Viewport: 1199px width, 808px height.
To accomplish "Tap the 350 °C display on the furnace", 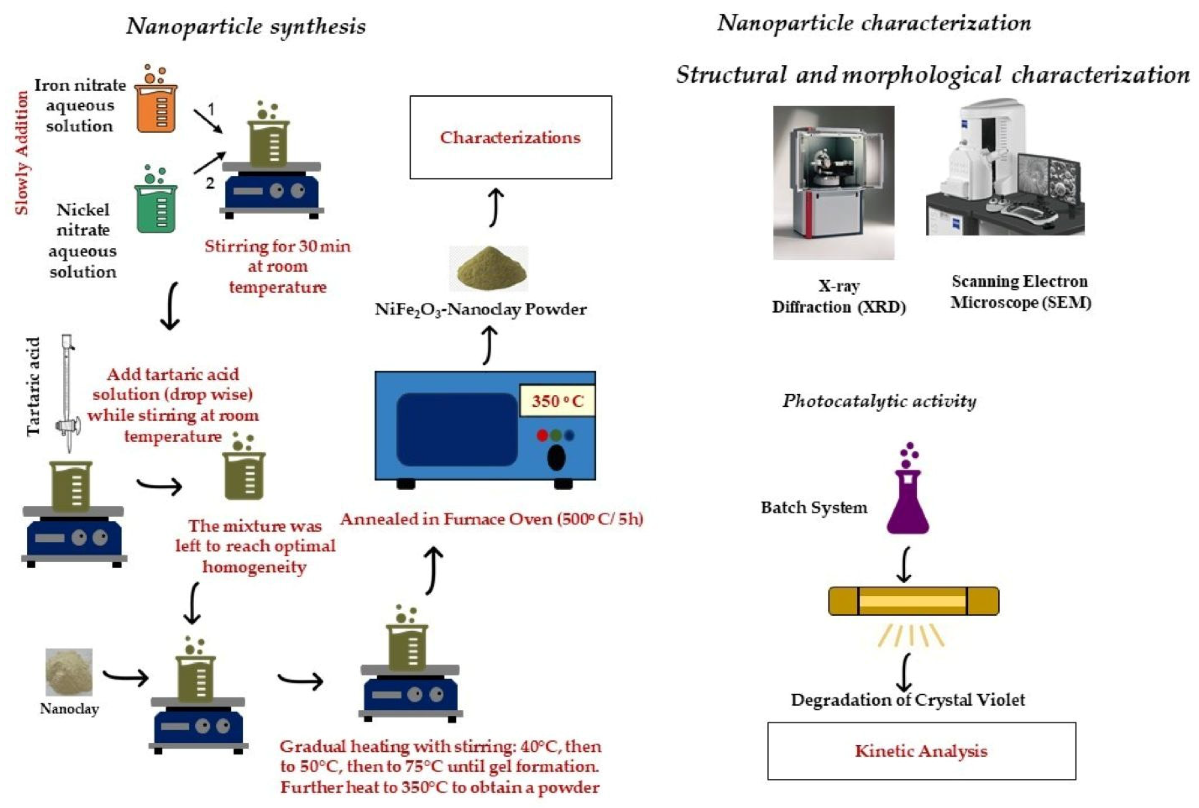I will (x=557, y=400).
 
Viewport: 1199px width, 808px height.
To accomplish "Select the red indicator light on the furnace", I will (x=542, y=436).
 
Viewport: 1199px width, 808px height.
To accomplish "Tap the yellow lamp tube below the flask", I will (x=913, y=601).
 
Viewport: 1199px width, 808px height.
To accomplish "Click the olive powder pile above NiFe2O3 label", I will (x=489, y=268).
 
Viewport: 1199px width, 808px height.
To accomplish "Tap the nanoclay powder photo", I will (x=69, y=671).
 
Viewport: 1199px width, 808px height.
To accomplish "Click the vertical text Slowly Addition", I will (x=22, y=153).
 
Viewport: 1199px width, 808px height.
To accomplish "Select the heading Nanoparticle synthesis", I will (x=246, y=26).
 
